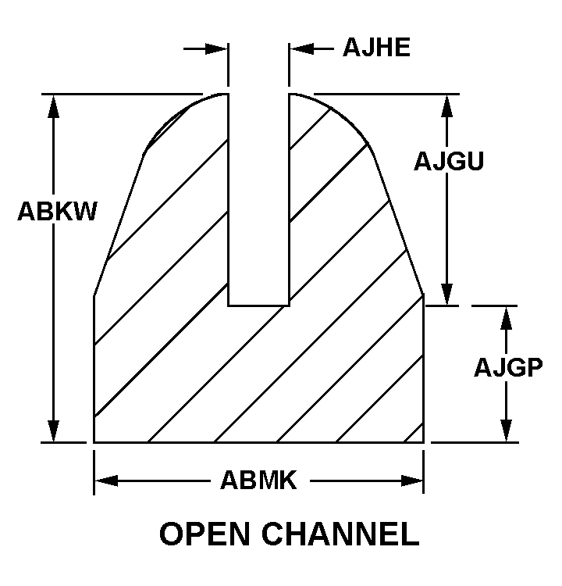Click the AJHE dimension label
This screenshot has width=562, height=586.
(x=376, y=48)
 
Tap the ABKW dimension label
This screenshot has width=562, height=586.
(x=57, y=211)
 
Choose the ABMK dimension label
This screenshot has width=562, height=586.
(x=258, y=480)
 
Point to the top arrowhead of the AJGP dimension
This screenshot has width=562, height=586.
(x=506, y=317)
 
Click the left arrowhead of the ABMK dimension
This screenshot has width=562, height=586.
(x=106, y=480)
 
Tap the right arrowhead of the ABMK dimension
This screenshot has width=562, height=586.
(x=411, y=480)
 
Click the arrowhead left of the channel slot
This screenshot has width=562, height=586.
(x=217, y=48)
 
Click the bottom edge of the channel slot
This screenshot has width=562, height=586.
(x=258, y=305)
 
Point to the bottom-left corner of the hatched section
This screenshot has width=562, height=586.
(x=94, y=442)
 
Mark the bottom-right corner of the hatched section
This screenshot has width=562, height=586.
(x=423, y=442)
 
